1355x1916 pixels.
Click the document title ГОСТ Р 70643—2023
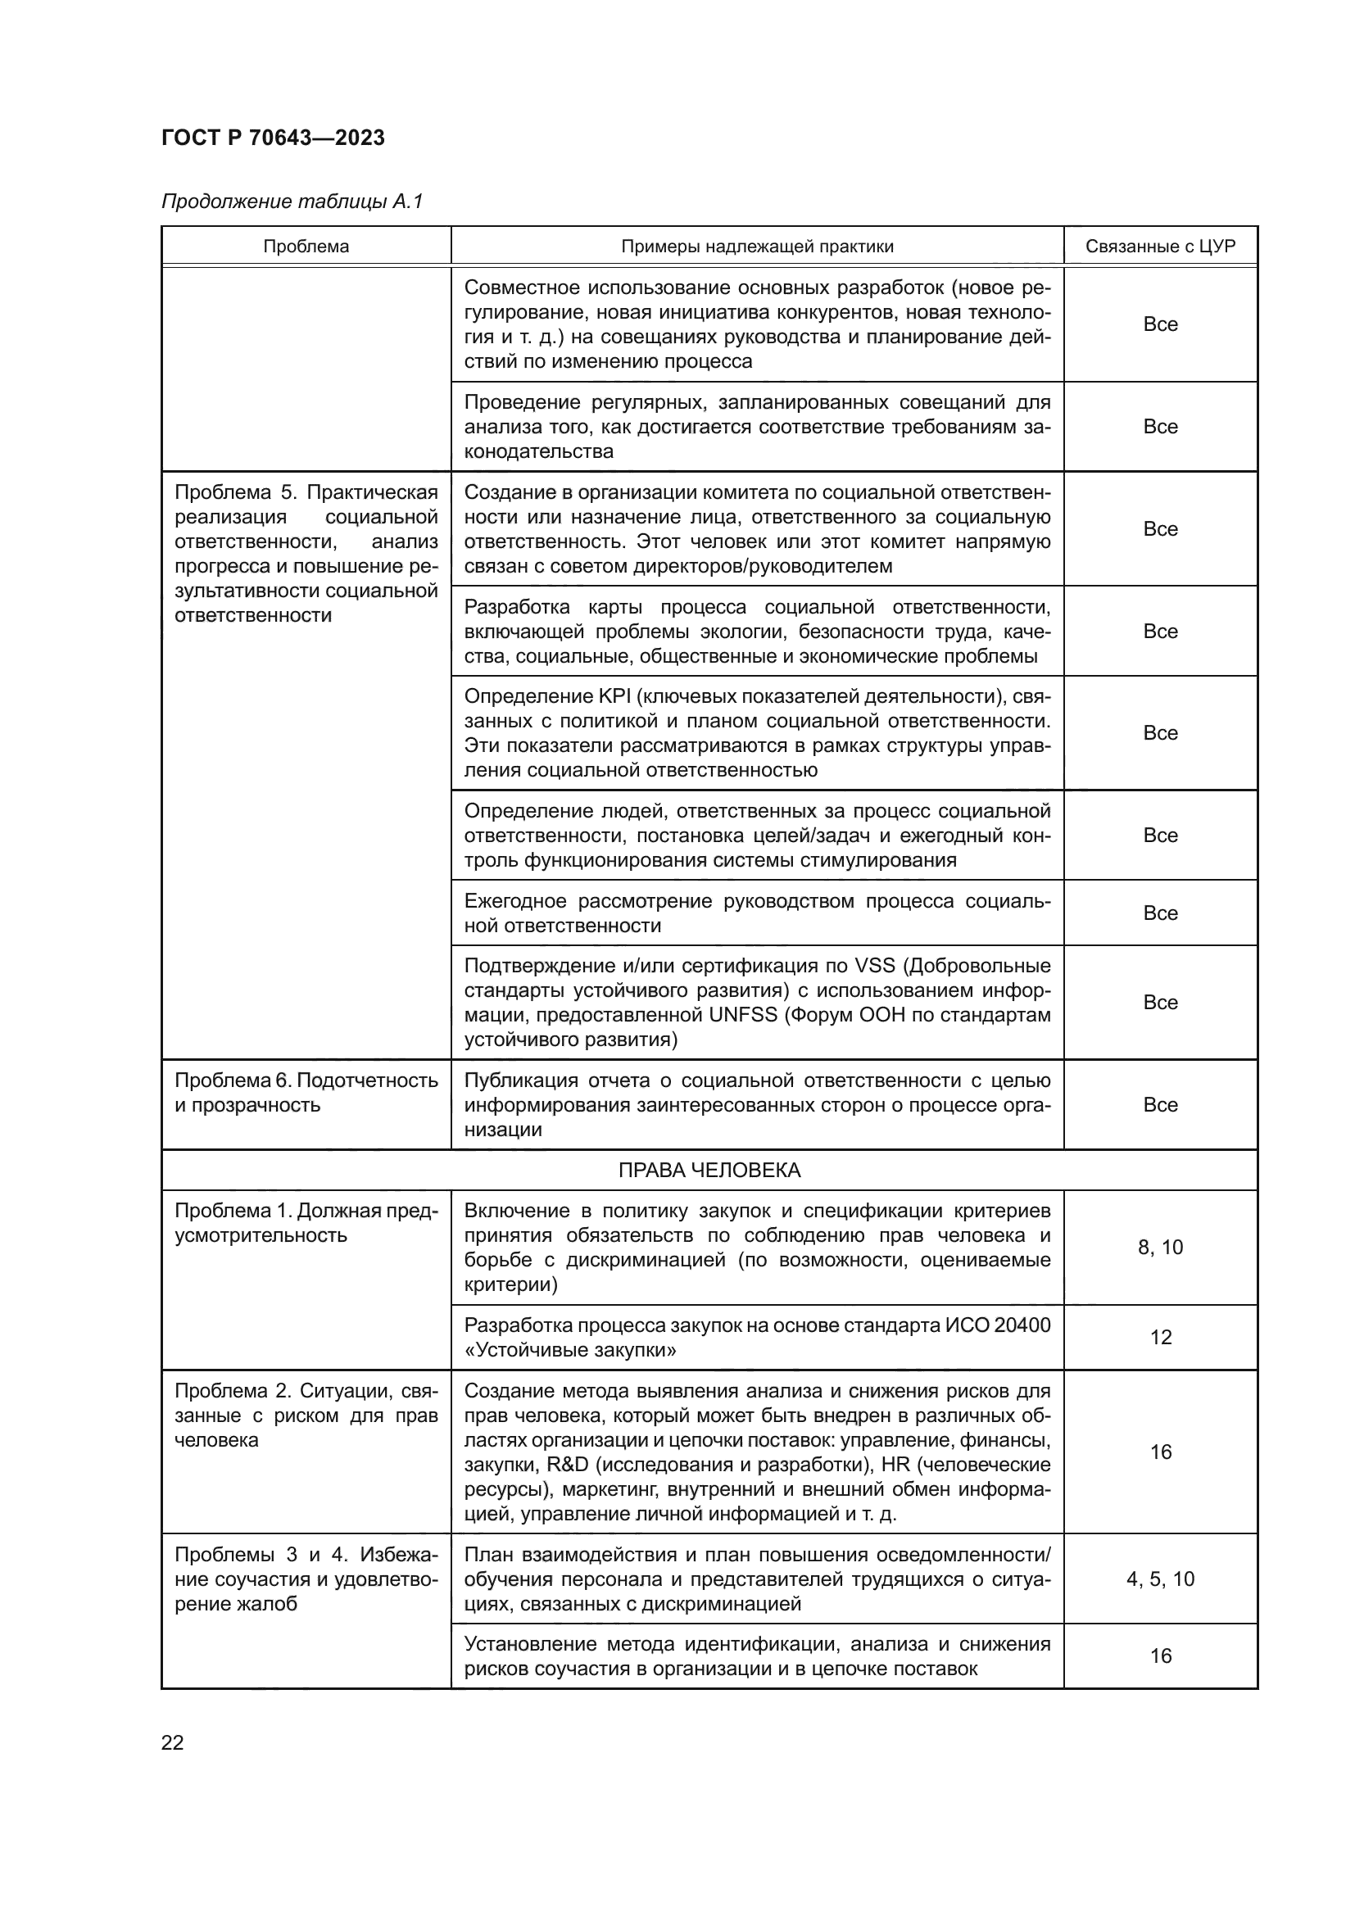(x=273, y=138)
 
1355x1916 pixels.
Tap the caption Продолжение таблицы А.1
(x=292, y=202)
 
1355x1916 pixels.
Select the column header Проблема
(x=306, y=247)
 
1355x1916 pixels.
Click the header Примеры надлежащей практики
(x=757, y=247)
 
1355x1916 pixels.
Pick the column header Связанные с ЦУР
(x=1160, y=247)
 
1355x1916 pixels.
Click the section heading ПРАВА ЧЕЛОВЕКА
(x=709, y=1170)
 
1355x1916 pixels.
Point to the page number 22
(x=173, y=1742)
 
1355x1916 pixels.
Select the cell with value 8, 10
(x=1160, y=1248)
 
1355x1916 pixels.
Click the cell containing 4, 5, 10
(x=1160, y=1579)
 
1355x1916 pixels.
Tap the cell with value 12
(x=1161, y=1338)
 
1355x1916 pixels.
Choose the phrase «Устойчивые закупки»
(x=570, y=1350)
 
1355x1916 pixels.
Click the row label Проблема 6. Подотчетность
(x=306, y=1080)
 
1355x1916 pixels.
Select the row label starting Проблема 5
(x=306, y=492)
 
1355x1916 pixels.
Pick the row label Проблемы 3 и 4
(x=306, y=1555)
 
